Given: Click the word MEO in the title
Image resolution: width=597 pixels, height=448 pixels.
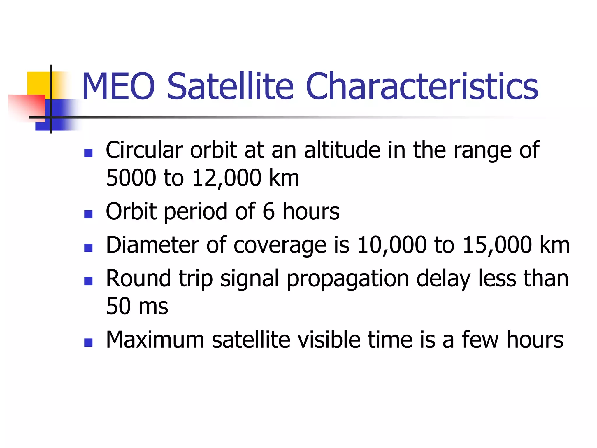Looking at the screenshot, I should click(118, 87).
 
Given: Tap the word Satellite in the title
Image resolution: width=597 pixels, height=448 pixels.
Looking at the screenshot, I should click(230, 87).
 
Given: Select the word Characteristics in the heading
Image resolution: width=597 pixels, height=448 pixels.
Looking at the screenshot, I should click(422, 87).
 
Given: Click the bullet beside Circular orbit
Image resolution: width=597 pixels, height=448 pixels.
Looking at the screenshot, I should click(88, 153).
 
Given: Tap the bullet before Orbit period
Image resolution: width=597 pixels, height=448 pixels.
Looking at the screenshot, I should click(88, 214).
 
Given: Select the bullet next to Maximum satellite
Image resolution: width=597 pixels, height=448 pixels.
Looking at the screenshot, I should click(88, 342).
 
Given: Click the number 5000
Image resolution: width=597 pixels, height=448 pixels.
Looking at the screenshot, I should click(131, 178).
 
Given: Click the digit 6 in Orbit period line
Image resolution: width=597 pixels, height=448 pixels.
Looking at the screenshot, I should click(268, 211).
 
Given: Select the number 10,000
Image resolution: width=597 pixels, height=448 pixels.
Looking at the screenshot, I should click(392, 245).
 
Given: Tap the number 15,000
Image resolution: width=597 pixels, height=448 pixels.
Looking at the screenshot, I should click(497, 245).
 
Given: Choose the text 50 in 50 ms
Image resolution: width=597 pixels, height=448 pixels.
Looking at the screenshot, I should click(118, 306).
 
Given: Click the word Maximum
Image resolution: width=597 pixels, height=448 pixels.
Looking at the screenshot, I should click(155, 340).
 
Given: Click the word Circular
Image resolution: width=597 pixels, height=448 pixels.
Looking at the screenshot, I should click(144, 150).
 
